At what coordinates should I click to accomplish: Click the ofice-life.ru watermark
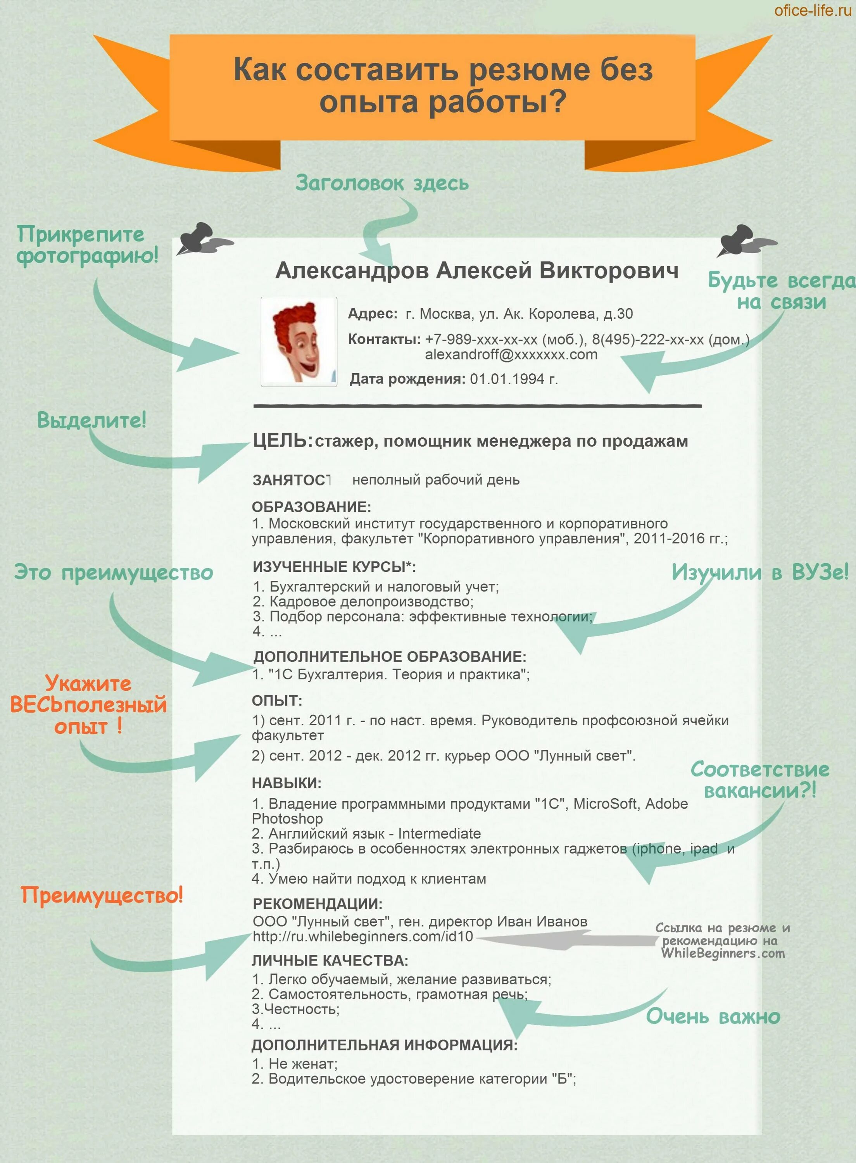coord(812,10)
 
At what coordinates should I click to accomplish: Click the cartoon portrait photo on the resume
coord(299,342)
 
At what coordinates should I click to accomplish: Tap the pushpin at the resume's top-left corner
coord(200,239)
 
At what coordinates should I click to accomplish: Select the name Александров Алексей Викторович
coord(477,271)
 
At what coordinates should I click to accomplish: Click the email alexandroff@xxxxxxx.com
coord(511,355)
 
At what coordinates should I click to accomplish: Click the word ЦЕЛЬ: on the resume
coord(282,441)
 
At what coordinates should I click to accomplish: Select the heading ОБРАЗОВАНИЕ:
coord(311,507)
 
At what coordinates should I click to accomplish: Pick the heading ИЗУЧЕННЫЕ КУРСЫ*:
coord(334,567)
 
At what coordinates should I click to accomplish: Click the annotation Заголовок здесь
coord(382,183)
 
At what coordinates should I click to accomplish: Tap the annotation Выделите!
coord(91,419)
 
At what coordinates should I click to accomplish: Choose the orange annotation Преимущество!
coord(102,895)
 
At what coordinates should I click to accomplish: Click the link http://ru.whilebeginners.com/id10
coord(363,937)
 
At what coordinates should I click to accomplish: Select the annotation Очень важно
coord(713,1017)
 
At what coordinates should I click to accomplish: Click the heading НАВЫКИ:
coord(286,783)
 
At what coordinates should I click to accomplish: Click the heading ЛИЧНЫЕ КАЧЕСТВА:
coord(330,961)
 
